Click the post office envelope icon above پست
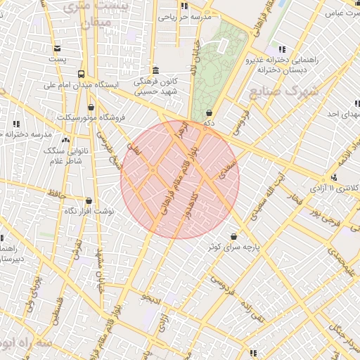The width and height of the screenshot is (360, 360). (57, 49)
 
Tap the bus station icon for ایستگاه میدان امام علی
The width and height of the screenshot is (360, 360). (82, 73)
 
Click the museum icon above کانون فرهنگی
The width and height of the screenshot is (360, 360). (155, 70)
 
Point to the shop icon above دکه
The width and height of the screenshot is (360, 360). (209, 112)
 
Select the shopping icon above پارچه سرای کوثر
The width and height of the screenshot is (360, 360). (233, 237)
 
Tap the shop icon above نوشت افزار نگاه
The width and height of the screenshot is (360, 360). (89, 200)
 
